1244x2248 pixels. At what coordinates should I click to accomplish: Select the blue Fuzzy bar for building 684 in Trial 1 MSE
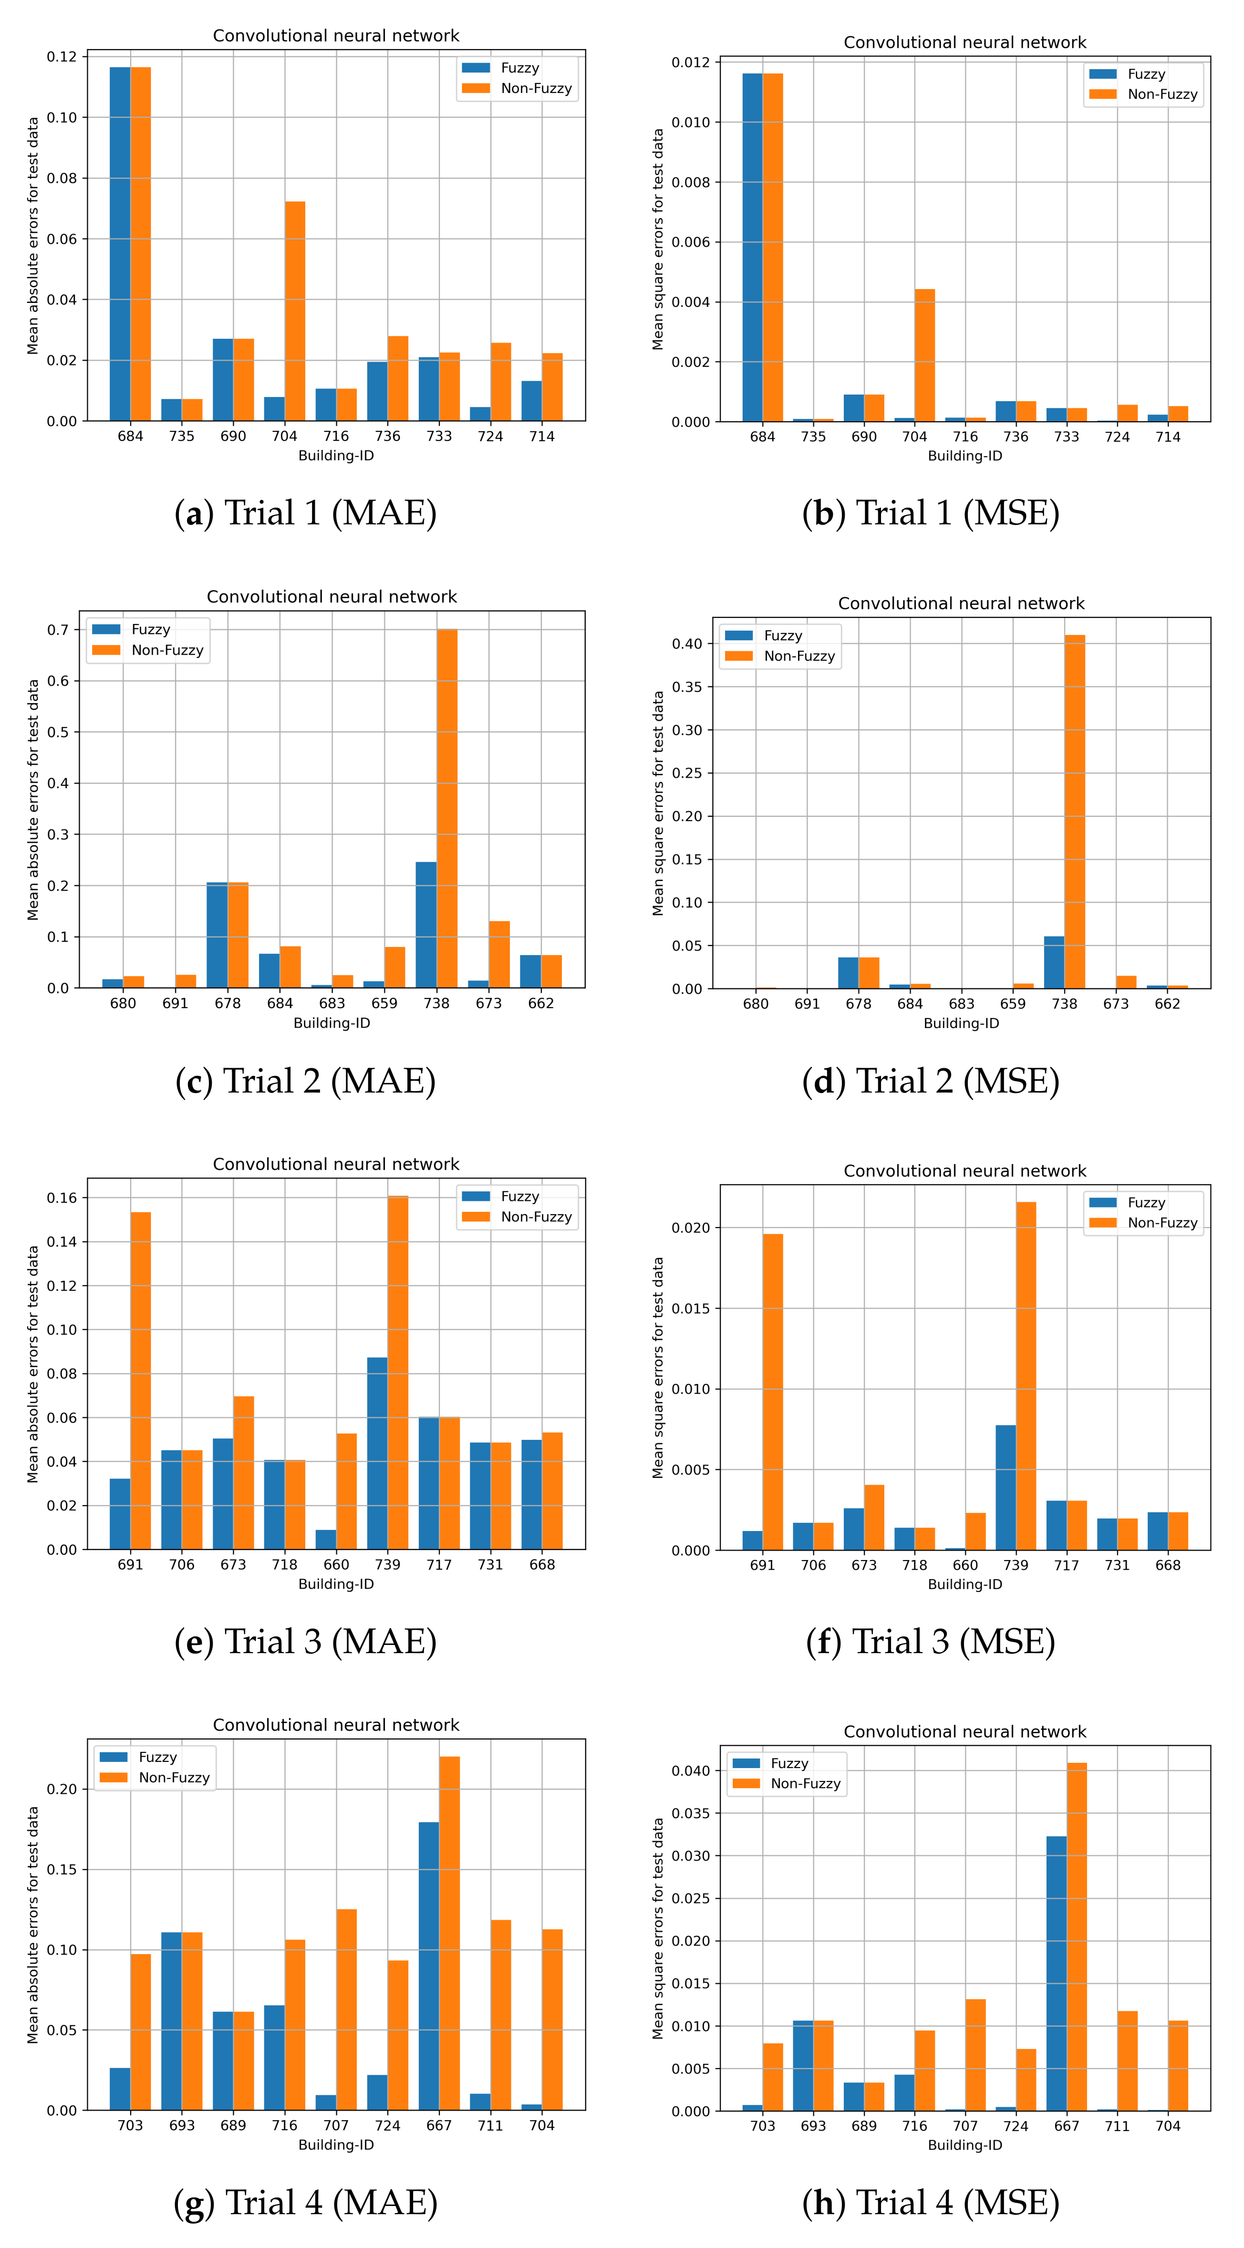pos(752,247)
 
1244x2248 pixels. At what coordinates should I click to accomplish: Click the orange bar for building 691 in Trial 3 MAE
pos(140,1381)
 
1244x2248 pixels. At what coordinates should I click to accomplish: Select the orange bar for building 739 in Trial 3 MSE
pos(1026,1376)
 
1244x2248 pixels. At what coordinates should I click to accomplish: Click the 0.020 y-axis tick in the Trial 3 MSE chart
pos(690,1228)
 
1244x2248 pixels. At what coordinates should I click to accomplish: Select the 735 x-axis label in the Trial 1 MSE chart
pos(813,437)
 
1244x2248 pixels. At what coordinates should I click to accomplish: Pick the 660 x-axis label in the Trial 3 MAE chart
pos(336,1565)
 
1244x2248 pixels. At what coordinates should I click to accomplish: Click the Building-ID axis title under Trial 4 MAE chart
pos(336,2144)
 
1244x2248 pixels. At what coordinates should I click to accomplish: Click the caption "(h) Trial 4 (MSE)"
pos(930,2203)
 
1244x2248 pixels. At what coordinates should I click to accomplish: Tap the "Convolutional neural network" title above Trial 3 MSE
pos(965,1171)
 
